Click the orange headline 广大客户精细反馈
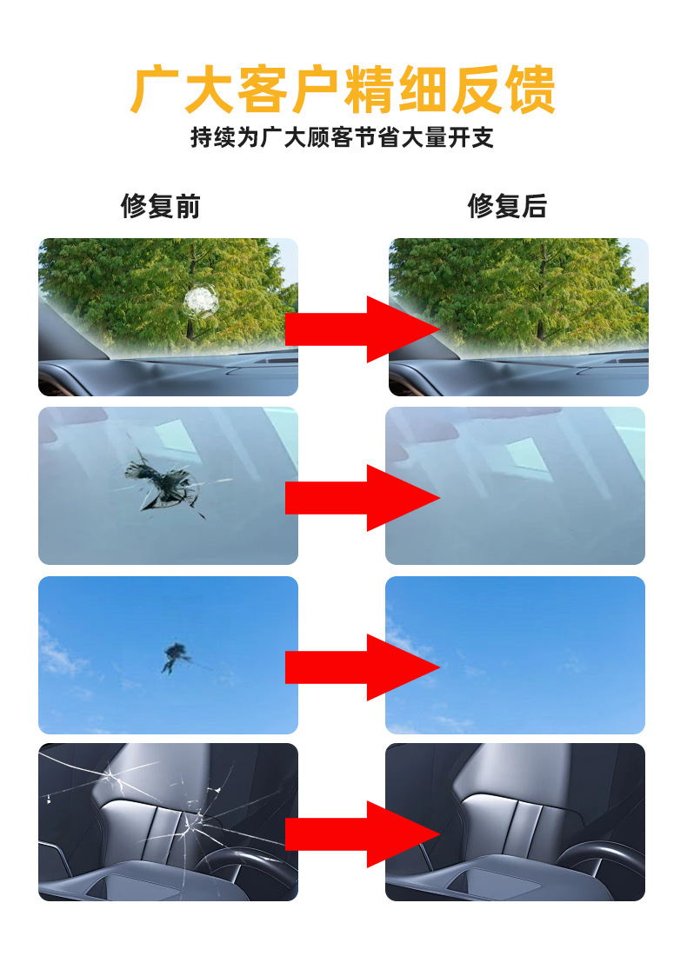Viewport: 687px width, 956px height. point(343,89)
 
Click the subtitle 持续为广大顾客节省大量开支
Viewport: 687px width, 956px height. point(343,138)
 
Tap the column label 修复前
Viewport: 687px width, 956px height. point(160,207)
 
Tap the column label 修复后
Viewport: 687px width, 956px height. point(507,207)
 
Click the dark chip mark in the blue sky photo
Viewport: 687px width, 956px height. point(176,654)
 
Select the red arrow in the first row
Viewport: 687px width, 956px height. point(362,329)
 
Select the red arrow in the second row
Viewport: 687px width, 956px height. point(362,497)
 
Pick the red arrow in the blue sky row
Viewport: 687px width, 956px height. point(362,667)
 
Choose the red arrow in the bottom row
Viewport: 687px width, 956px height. point(362,834)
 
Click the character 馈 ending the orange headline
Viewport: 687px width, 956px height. point(529,89)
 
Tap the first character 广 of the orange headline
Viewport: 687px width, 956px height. point(157,89)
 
